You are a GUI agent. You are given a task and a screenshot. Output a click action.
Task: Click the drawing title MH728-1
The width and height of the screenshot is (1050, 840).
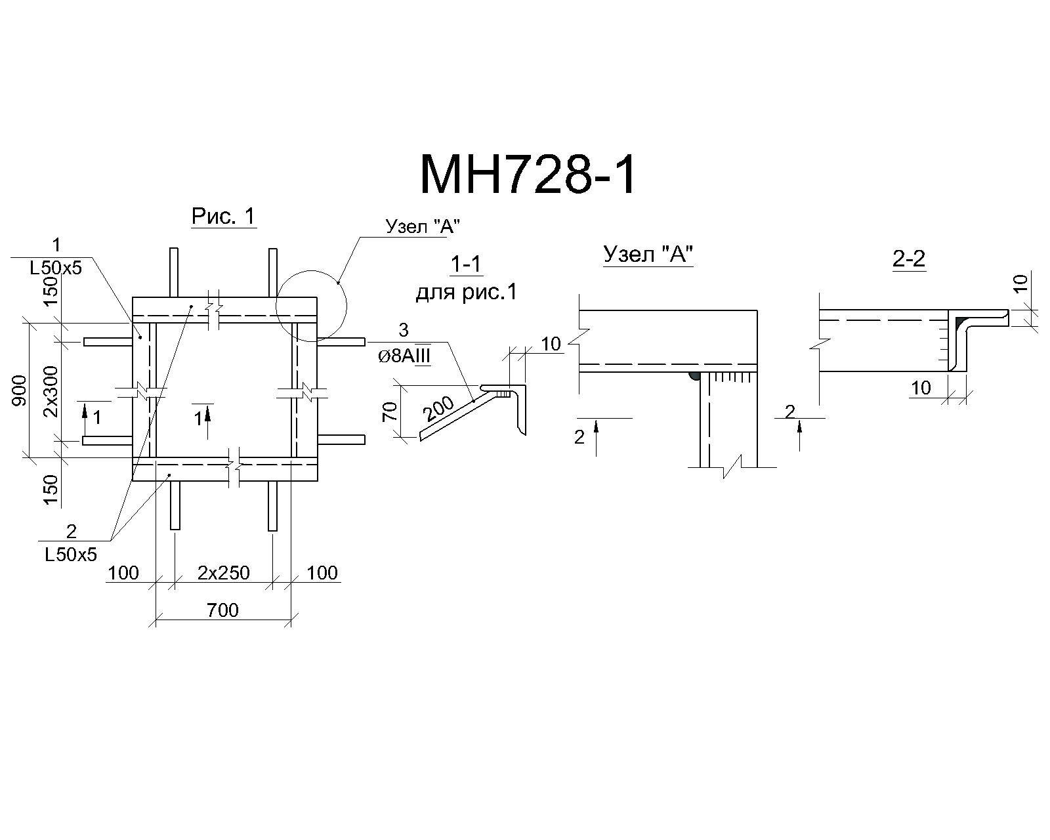tap(528, 175)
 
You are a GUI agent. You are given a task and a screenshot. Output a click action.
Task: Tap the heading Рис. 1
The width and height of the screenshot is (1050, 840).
tap(224, 216)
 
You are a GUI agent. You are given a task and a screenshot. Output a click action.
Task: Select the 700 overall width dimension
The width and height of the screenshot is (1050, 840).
tap(222, 610)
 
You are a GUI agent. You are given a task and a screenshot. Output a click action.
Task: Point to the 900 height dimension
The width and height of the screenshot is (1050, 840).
tap(20, 391)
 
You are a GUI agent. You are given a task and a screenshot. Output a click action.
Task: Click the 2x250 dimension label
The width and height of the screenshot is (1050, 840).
tap(224, 572)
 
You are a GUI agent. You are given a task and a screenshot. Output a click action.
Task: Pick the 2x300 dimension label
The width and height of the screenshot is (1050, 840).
tap(51, 392)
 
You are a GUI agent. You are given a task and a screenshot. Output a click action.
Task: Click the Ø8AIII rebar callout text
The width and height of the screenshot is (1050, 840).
tap(404, 356)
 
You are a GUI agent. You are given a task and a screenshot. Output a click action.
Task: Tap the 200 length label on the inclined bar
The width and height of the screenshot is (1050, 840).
tap(438, 409)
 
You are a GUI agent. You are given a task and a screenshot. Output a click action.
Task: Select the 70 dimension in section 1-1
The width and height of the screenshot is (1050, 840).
tap(390, 412)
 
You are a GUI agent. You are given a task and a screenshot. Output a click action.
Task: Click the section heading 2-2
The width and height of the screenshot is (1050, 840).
tap(909, 258)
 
